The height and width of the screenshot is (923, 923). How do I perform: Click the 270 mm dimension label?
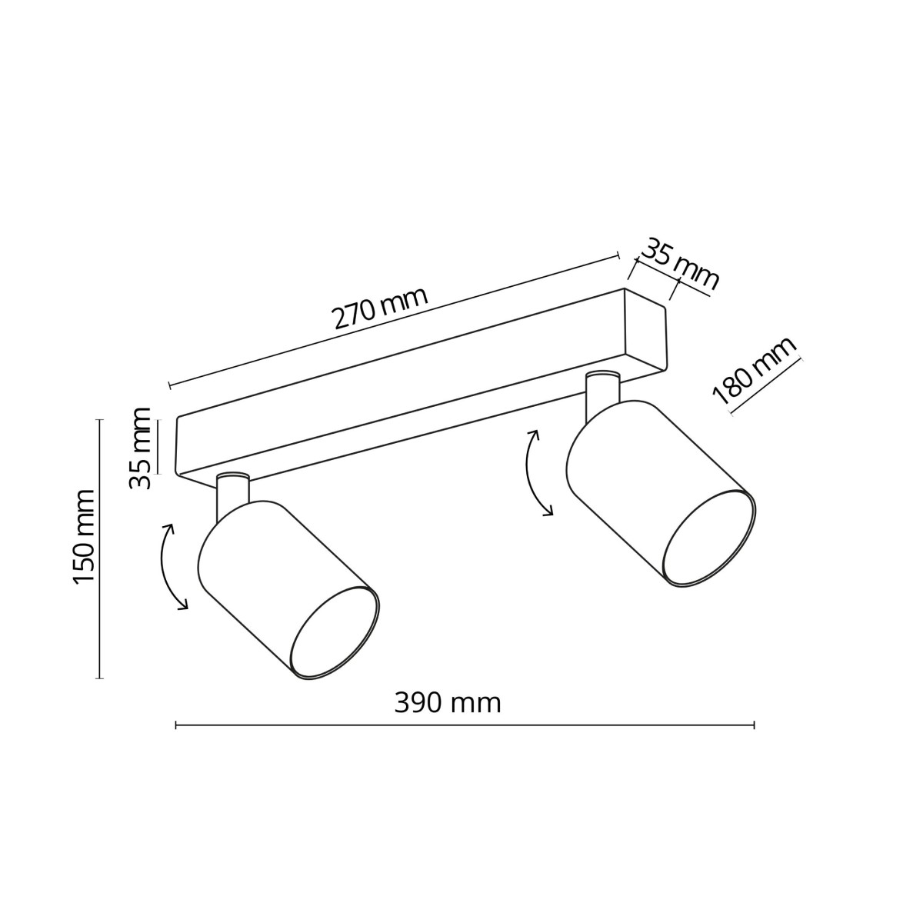(379, 308)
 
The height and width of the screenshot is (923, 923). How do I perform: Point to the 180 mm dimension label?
(755, 372)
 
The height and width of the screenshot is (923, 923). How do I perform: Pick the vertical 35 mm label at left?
(140, 448)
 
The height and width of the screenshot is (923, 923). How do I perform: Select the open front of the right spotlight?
(708, 538)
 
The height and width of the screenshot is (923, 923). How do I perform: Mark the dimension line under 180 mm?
(766, 385)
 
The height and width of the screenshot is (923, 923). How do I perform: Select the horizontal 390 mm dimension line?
(465, 725)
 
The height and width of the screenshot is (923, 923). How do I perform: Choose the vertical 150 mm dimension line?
(99, 548)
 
